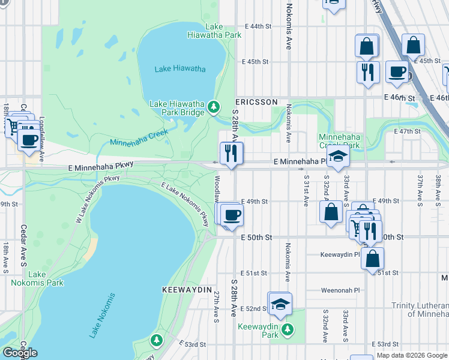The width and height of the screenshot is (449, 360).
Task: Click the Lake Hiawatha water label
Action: pos(180,68)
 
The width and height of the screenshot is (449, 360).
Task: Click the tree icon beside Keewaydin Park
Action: pos(288,329)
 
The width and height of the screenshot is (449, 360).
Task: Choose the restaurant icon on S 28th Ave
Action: pos(229,154)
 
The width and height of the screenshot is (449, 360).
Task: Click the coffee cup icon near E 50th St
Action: pos(232,215)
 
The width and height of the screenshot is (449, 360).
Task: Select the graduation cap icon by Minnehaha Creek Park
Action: pos(339,157)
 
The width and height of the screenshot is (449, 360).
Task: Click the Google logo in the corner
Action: pos(20,353)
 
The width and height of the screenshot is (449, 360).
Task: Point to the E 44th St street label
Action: pos(259,26)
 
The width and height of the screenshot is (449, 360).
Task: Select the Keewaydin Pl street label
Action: pos(340,254)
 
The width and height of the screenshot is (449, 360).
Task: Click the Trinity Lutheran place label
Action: pos(420,310)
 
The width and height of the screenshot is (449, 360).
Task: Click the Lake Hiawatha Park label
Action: pos(223,31)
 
